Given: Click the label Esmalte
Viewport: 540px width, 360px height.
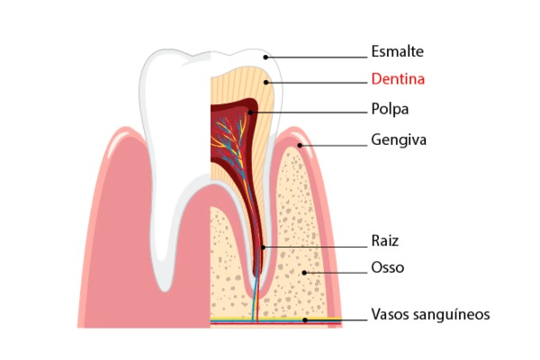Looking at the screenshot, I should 397,51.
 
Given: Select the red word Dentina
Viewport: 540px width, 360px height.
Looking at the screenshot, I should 397,79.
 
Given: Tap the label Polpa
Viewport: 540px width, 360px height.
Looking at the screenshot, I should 390,109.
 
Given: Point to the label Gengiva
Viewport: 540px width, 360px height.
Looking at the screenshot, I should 398,140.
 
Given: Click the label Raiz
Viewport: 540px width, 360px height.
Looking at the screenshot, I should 384,240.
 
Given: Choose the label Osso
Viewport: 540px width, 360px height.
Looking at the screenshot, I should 387,268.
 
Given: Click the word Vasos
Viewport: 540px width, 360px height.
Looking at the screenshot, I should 390,315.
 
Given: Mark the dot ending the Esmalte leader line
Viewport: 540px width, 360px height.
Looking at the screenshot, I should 265,56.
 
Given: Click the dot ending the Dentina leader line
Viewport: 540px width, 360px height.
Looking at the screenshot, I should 265,82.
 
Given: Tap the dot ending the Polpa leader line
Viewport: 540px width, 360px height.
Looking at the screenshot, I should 250,112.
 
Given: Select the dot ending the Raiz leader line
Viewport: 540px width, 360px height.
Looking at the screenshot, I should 263,246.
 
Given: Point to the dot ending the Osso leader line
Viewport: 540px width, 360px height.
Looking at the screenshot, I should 305,273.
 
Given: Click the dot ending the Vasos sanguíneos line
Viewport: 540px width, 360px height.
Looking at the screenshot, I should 305,319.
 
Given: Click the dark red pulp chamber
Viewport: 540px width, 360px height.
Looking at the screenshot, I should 236,135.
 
